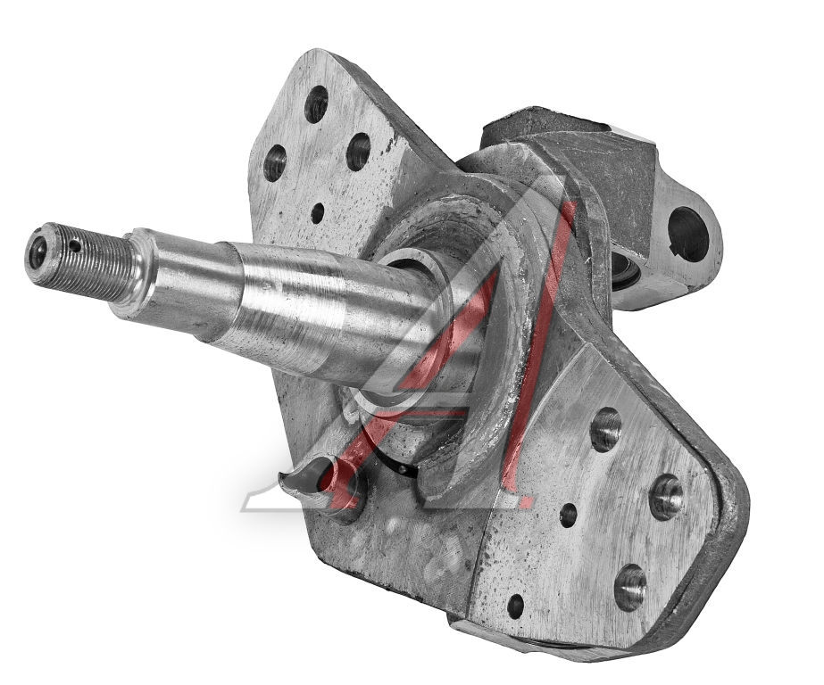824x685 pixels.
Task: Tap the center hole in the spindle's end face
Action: pyautogui.click(x=38, y=251)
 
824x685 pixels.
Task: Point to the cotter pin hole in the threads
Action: pyautogui.click(x=76, y=244)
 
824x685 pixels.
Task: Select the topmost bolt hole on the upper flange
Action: pyautogui.click(x=316, y=104)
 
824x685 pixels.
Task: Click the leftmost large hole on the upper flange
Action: pyautogui.click(x=274, y=162)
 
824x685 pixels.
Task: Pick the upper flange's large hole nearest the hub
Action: pyautogui.click(x=358, y=152)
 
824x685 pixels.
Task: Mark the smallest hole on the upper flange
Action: pyautogui.click(x=318, y=213)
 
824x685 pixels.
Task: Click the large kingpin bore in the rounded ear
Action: pyautogui.click(x=688, y=234)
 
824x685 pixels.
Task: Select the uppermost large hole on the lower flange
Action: pyautogui.click(x=606, y=429)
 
